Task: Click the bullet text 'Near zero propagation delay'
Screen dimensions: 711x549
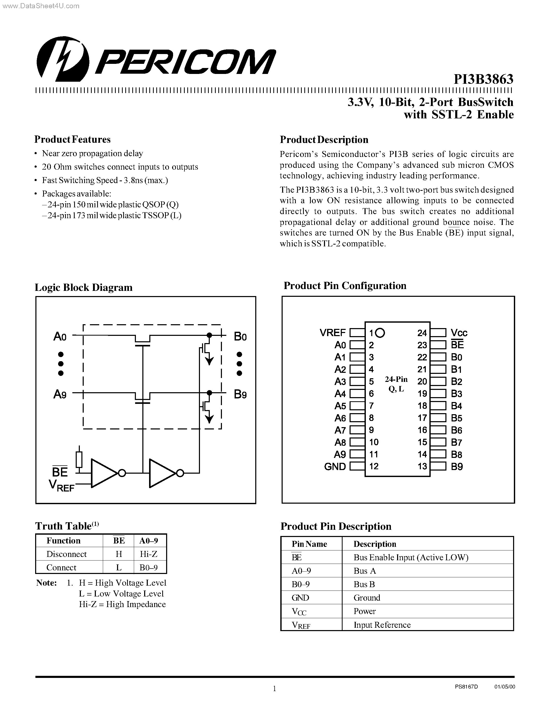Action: pyautogui.click(x=92, y=153)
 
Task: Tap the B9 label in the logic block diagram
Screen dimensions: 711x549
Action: pyautogui.click(x=240, y=395)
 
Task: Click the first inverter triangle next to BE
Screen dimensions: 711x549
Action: pyautogui.click(x=103, y=473)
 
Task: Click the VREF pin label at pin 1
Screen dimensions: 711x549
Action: pyautogui.click(x=333, y=333)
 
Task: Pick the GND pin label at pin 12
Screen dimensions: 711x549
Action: pyautogui.click(x=335, y=466)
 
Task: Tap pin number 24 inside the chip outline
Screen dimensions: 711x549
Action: pyautogui.click(x=422, y=333)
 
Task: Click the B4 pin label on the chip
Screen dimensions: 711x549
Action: pyautogui.click(x=456, y=406)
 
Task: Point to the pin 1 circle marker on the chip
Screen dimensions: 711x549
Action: pyautogui.click(x=380, y=333)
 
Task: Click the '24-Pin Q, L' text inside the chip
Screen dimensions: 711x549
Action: pyautogui.click(x=396, y=384)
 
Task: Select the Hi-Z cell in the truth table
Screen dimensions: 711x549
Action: pyautogui.click(x=149, y=554)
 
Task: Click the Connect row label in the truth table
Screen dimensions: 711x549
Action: pyautogui.click(x=61, y=568)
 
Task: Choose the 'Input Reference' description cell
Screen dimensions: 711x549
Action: pyautogui.click(x=382, y=625)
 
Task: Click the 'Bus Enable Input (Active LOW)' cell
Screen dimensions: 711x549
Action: pyautogui.click(x=411, y=557)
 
